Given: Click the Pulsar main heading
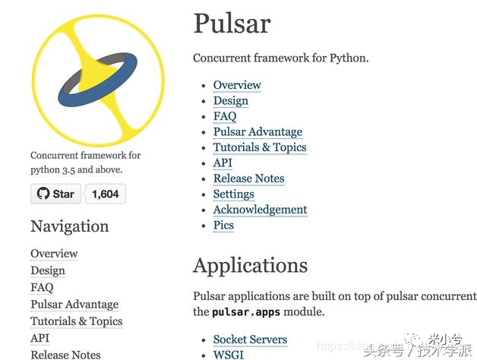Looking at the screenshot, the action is [x=232, y=23].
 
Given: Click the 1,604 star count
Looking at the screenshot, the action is [x=106, y=194].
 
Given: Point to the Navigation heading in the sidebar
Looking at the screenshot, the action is [x=70, y=226].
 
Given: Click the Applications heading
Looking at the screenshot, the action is [x=251, y=265].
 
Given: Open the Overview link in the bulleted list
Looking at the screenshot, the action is [x=237, y=85].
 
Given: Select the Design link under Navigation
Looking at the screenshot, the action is [x=48, y=270].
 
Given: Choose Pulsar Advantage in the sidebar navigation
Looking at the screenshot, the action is [x=74, y=305].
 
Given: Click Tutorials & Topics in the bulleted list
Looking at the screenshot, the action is [x=260, y=147].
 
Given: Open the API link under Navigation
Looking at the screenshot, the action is [x=39, y=338].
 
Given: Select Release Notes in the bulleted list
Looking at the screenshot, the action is [x=248, y=178].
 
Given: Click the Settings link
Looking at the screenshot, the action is [x=233, y=194].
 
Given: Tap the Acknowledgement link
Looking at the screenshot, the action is [x=260, y=210].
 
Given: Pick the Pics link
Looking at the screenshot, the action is [x=223, y=226].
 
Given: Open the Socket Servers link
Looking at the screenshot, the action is [x=250, y=339].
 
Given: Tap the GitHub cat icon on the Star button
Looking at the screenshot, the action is [x=43, y=194].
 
